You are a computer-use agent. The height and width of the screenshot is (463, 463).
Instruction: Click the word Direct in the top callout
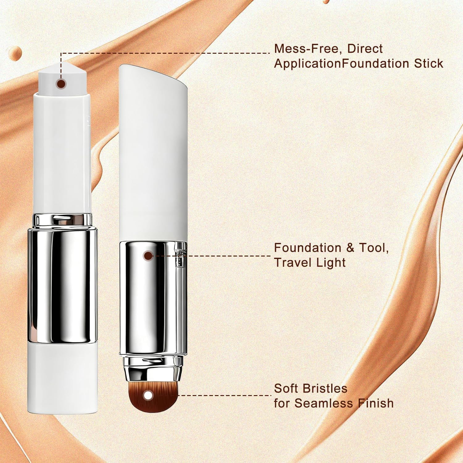pyautogui.click(x=365, y=49)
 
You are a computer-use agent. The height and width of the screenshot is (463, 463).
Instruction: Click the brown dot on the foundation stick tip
pyautogui.click(x=61, y=84)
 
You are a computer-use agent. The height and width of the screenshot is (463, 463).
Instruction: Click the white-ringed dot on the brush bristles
pyautogui.click(x=148, y=395)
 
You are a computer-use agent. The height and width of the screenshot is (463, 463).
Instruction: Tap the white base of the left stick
pyautogui.click(x=62, y=377)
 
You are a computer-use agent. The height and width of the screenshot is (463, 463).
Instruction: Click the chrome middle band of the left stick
pyautogui.click(x=62, y=284)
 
